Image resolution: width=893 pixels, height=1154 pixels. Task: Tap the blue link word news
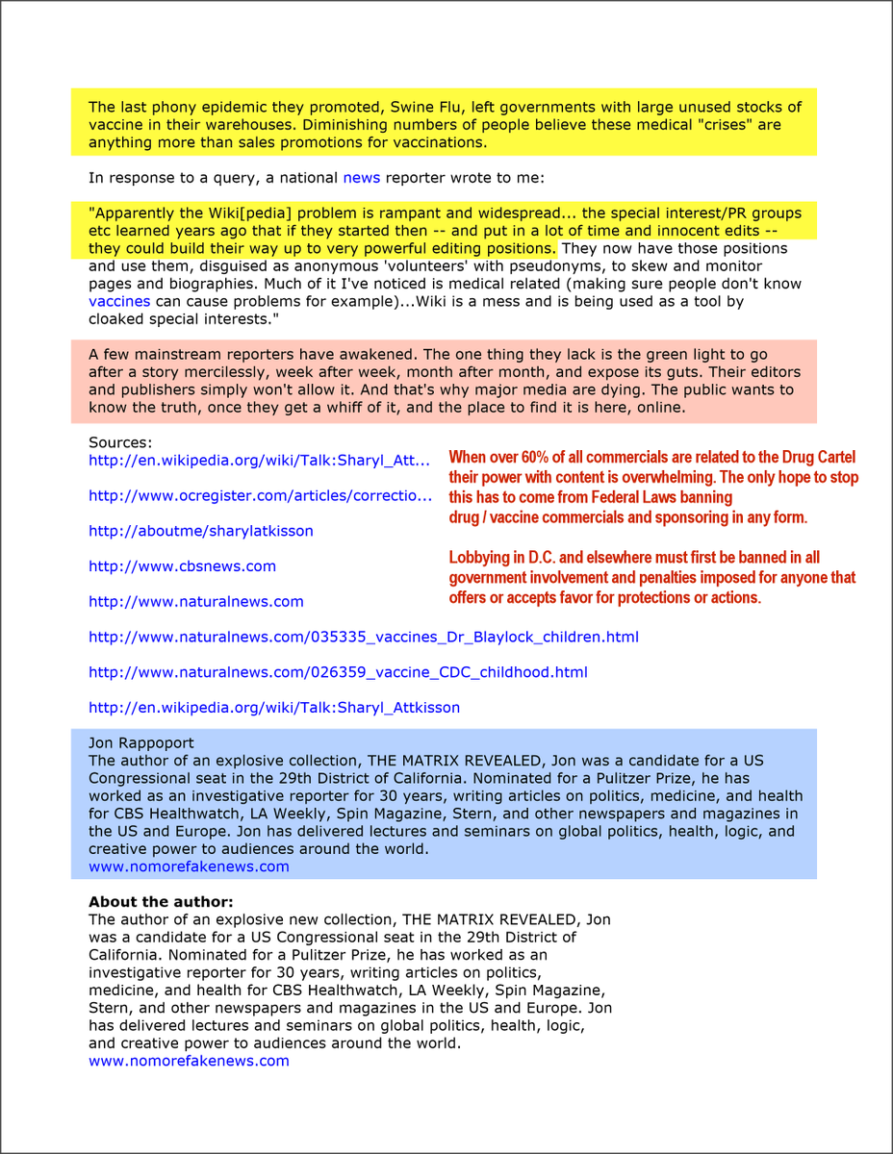pos(362,178)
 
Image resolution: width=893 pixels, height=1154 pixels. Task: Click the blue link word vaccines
pos(119,301)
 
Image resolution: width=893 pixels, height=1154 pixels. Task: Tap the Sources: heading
pos(120,442)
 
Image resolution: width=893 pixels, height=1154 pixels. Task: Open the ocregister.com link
pos(260,496)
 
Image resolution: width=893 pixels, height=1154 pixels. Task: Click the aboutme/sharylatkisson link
pos(200,531)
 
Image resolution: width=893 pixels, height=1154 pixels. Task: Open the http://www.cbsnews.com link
pos(182,566)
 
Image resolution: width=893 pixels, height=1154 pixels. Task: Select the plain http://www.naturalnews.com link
pos(195,602)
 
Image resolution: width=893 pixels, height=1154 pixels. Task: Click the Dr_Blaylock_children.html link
pos(363,638)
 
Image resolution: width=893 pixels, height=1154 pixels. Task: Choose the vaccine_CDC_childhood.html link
pos(338,672)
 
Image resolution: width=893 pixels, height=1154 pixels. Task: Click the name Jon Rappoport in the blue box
pos(140,742)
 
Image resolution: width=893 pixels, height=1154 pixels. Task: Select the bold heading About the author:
pos(161,902)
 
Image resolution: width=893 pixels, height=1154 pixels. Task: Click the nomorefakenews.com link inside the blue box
pos(189,866)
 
